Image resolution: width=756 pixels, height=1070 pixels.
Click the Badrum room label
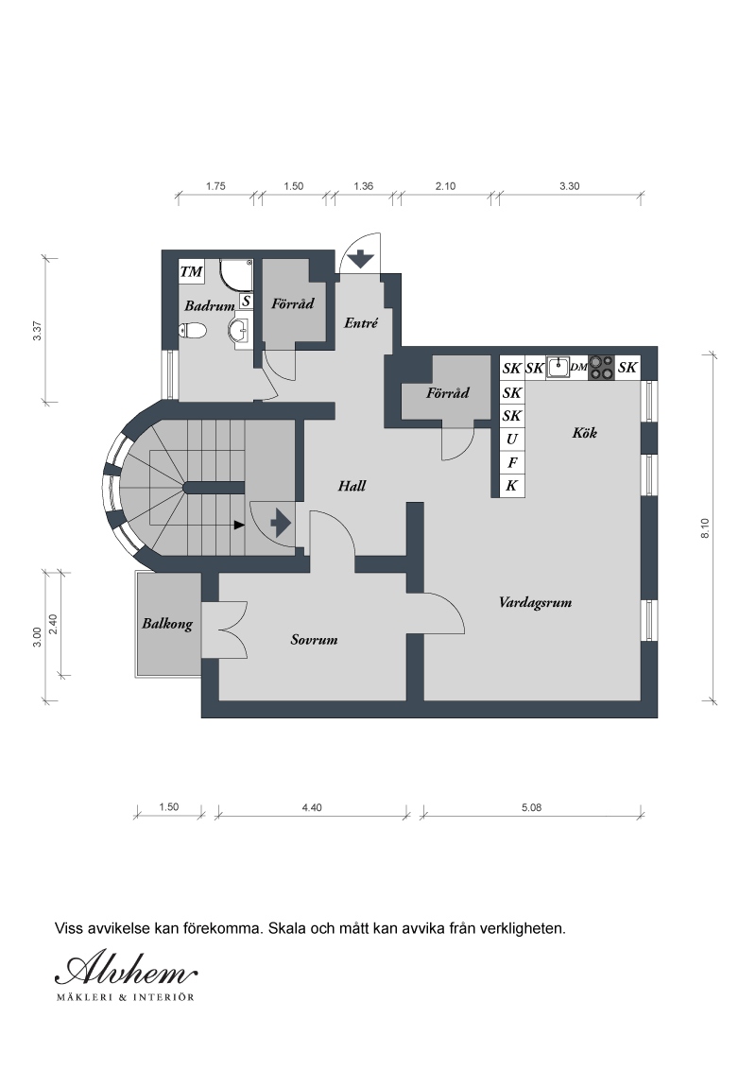(210, 305)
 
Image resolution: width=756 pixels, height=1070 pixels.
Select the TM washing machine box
(192, 271)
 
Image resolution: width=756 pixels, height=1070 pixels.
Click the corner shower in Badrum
(236, 275)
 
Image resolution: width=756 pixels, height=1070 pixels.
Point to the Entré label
(361, 322)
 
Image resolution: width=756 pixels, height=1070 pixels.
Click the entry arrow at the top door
(360, 259)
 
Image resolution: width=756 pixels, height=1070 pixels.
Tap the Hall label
(352, 486)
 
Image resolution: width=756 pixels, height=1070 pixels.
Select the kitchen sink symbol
(558, 367)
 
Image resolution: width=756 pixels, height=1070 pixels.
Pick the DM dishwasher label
(579, 367)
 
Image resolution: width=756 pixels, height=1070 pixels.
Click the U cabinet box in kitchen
(512, 440)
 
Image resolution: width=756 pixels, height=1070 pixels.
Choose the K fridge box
(512, 486)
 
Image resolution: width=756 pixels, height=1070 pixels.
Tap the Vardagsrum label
(535, 602)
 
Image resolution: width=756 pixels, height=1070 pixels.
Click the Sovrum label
(314, 640)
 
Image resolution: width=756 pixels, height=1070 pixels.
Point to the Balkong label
(167, 624)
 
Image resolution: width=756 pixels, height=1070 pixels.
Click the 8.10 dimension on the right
(705, 528)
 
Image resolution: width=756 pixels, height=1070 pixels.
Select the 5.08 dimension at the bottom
(531, 807)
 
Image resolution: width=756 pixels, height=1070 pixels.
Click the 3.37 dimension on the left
(38, 331)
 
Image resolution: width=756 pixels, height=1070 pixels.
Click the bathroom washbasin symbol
(240, 330)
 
